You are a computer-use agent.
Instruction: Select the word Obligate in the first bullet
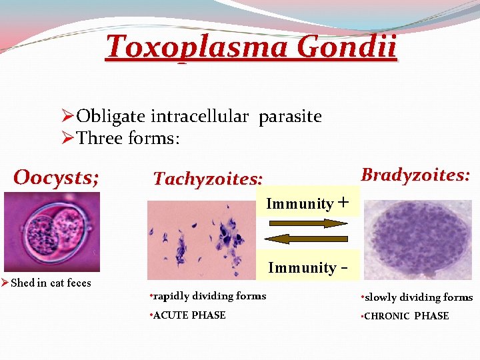(111, 117)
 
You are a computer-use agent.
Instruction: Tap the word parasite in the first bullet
(290, 117)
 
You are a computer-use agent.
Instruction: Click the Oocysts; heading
(57, 177)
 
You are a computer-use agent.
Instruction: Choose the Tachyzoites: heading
(208, 179)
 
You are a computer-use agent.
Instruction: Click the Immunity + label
(307, 203)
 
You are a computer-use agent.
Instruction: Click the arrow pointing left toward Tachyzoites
(308, 238)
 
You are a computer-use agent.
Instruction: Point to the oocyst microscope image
(51, 231)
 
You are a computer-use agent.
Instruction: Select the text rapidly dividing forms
(208, 296)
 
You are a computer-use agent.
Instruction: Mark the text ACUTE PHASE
(188, 315)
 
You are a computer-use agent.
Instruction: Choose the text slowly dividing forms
(416, 297)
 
